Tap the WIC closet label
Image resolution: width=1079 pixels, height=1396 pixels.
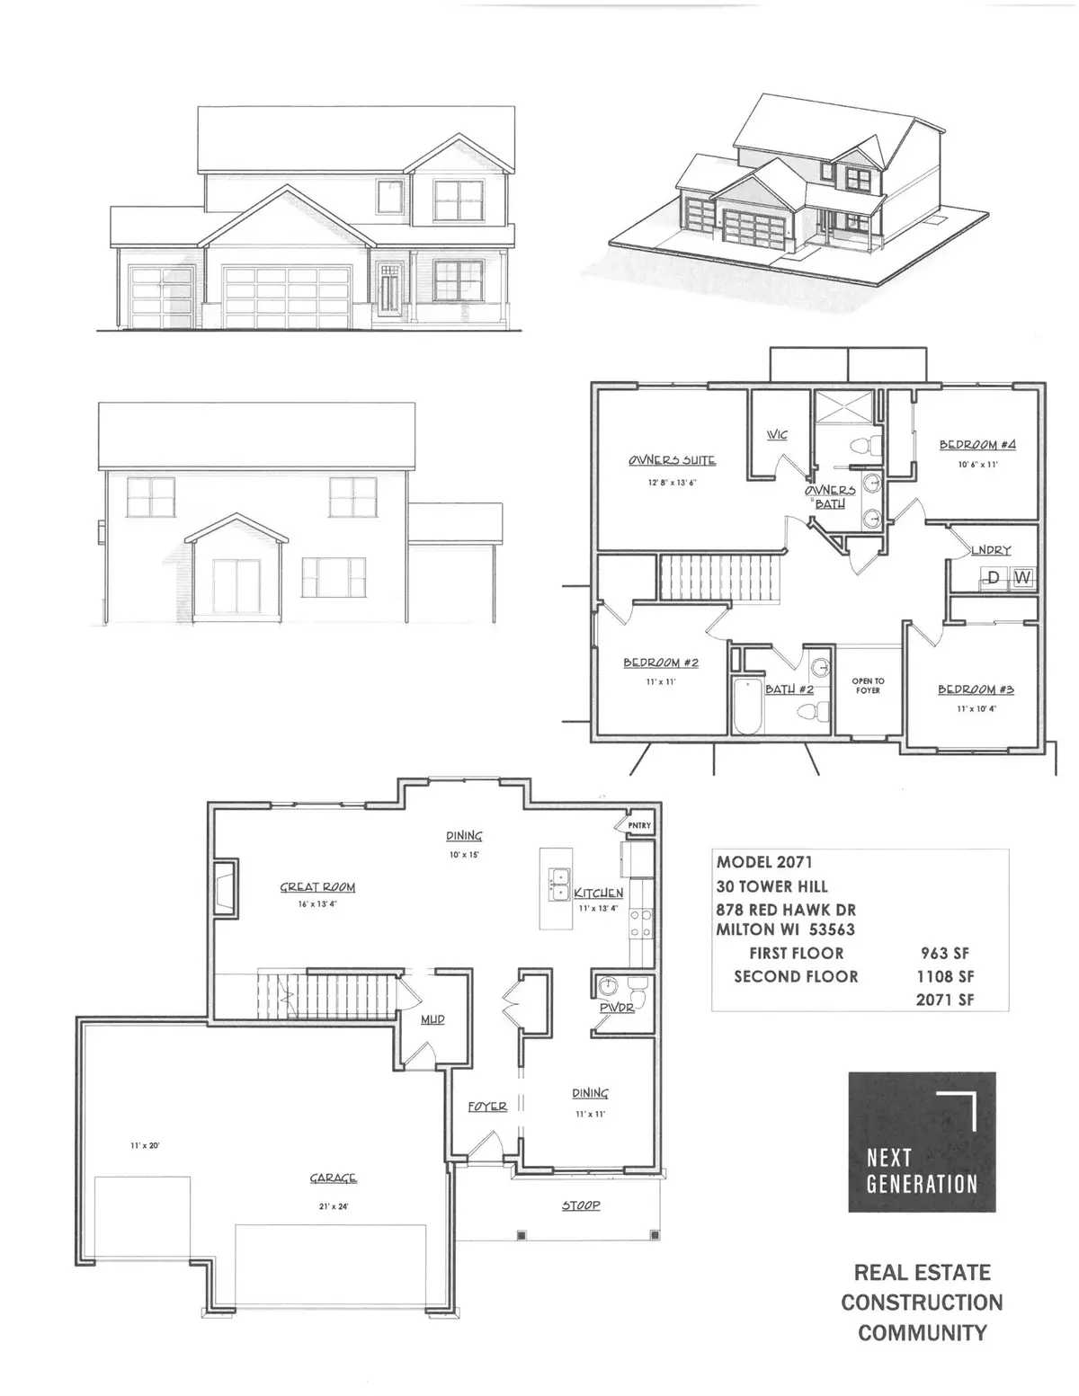(777, 435)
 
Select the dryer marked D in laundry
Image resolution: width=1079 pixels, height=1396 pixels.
(994, 577)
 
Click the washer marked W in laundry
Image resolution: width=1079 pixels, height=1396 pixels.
(1022, 577)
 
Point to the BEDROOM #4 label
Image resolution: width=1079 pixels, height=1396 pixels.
(978, 445)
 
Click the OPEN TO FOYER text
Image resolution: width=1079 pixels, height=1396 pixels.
(868, 686)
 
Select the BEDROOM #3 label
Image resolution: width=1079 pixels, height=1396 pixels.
(976, 689)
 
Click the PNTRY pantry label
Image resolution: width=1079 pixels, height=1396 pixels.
(639, 826)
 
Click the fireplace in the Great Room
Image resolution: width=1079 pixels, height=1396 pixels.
(225, 887)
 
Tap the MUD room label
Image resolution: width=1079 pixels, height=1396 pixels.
(432, 1019)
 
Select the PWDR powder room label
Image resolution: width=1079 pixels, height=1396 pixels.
(617, 1009)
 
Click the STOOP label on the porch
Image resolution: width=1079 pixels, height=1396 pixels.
(581, 1205)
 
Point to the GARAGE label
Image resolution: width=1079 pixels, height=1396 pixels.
(333, 1178)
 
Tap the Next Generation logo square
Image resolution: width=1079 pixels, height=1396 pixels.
(922, 1142)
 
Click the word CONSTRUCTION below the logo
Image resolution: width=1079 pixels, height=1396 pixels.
(922, 1303)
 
